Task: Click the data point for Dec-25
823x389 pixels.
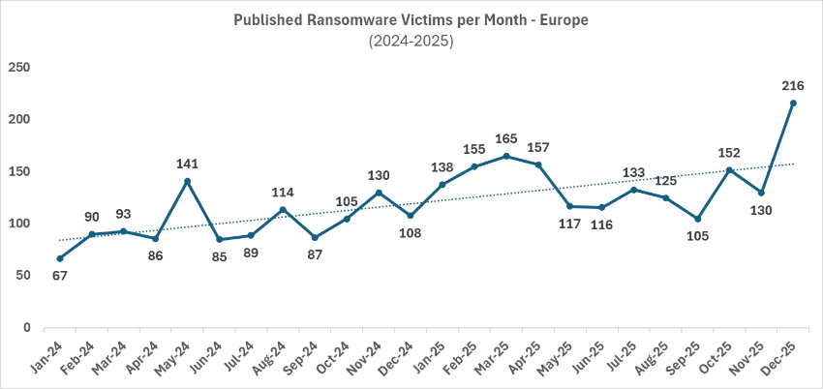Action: [x=793, y=104]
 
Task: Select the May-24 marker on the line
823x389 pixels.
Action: [x=187, y=181]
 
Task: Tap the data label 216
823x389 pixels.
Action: [x=793, y=86]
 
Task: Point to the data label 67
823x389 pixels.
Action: [x=59, y=276]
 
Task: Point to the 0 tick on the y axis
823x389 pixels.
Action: [x=27, y=328]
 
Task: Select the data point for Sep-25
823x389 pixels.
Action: [x=697, y=219]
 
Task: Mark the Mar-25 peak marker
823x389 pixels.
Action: [x=506, y=156]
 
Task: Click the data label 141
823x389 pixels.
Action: [x=187, y=164]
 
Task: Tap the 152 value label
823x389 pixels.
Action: [x=729, y=152]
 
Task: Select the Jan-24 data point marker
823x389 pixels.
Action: [x=60, y=258]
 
